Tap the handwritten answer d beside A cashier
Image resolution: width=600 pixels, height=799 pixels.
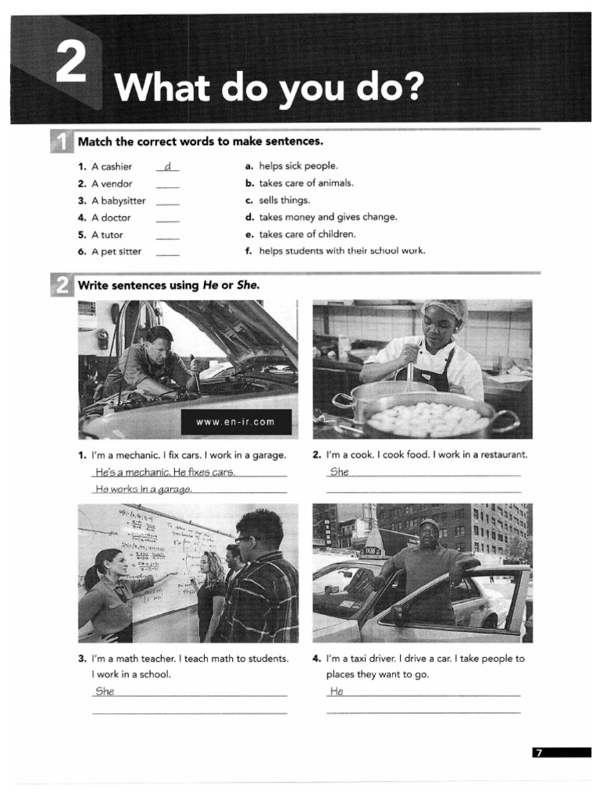pyautogui.click(x=167, y=166)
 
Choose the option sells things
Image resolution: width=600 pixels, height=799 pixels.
pyautogui.click(x=284, y=201)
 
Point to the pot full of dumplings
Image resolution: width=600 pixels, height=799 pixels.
pyautogui.click(x=428, y=417)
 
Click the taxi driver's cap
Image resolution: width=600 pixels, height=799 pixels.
pyautogui.click(x=429, y=524)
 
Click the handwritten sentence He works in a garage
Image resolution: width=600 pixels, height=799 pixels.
pyautogui.click(x=143, y=489)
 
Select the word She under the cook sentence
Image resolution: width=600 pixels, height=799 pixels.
pyautogui.click(x=339, y=472)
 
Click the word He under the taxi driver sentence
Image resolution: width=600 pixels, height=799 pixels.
pyautogui.click(x=337, y=691)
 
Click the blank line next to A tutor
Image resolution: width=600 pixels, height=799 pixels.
pyautogui.click(x=167, y=236)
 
